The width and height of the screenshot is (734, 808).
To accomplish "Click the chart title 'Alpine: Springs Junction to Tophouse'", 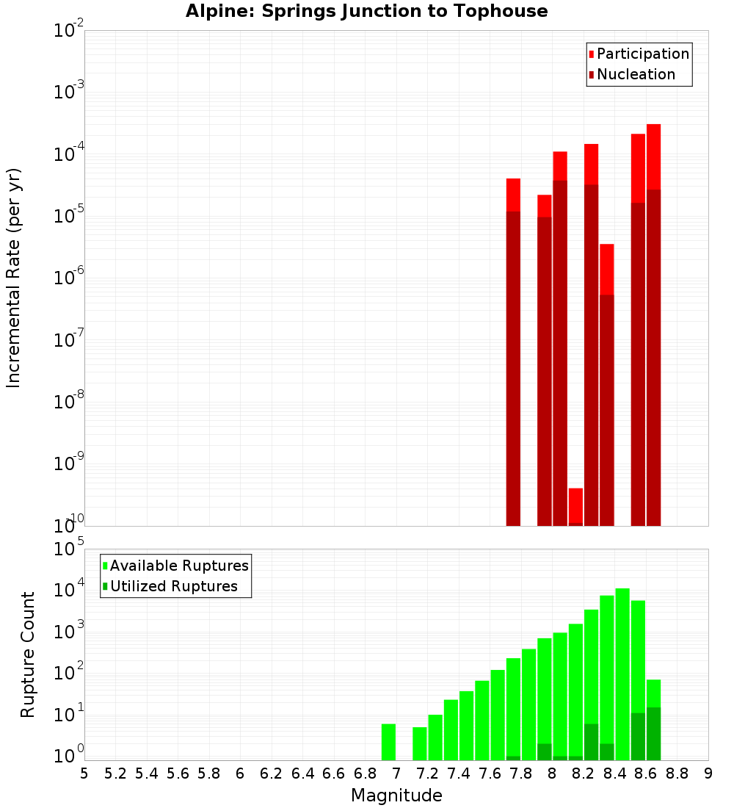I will pos(366,11).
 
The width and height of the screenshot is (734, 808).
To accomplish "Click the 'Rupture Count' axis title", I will pos(28,654).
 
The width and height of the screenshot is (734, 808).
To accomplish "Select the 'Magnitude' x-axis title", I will pos(396,796).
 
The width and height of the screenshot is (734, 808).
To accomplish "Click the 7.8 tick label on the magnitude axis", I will pos(521,773).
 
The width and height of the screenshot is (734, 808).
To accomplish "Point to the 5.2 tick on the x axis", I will pos(116,773).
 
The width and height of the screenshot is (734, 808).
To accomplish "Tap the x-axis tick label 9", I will pos(708,773).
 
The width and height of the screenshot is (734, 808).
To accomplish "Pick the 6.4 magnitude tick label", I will pos(302,773).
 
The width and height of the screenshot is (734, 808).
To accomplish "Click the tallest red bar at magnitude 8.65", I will pos(653,323).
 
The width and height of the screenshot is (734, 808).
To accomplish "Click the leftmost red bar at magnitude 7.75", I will pos(513,353).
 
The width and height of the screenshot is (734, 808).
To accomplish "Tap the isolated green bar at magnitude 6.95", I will pos(388,742).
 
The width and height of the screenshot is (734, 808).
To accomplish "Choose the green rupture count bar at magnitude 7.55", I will pos(482,721).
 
